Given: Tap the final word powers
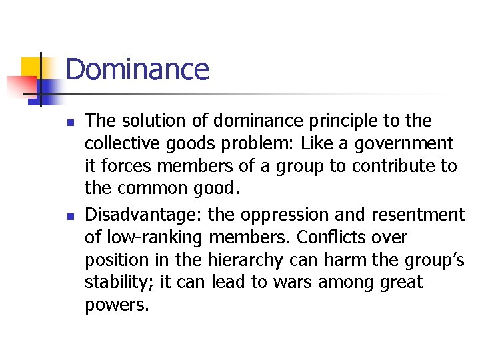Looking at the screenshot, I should (x=117, y=305).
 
